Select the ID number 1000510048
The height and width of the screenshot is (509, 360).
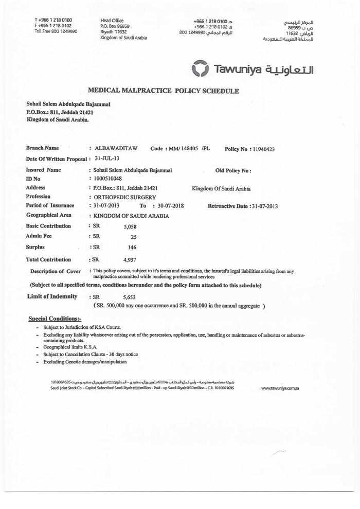click(105, 179)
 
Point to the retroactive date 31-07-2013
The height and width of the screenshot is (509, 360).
click(263, 206)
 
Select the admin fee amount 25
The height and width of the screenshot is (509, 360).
click(133, 237)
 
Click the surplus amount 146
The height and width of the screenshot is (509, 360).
click(132, 248)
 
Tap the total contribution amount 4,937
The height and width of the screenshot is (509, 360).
click(130, 260)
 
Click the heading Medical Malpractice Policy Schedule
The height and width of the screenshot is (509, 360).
click(164, 91)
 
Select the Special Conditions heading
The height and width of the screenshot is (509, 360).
click(55, 319)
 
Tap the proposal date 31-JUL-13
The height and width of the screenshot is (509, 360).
click(106, 159)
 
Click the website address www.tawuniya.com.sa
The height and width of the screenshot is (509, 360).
click(280, 388)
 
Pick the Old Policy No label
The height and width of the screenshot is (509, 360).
click(233, 170)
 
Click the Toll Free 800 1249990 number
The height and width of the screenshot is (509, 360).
click(56, 31)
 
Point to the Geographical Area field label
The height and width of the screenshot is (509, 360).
click(49, 215)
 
